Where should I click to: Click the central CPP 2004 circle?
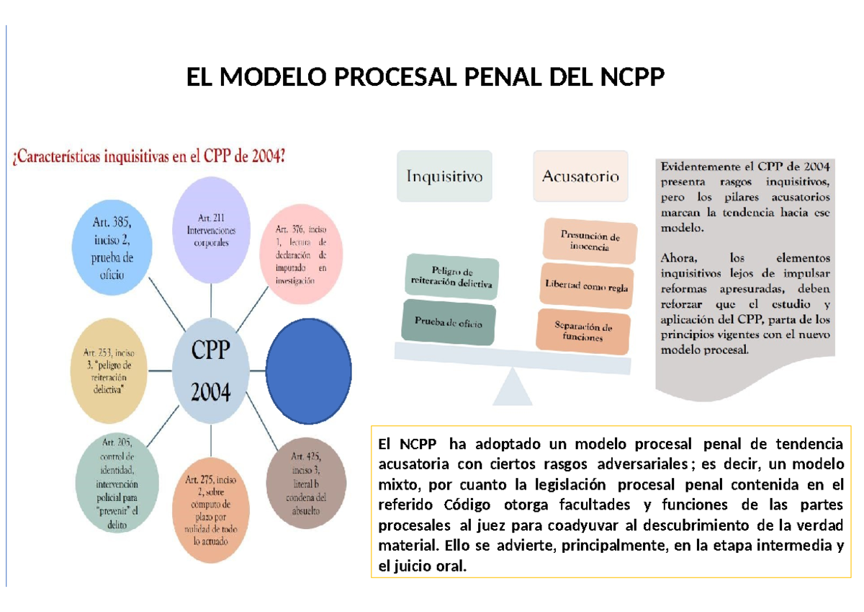(210, 371)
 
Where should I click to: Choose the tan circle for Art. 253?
(110, 371)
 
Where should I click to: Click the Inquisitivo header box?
(444, 176)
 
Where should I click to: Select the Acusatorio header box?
(580, 176)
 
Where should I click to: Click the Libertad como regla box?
(586, 287)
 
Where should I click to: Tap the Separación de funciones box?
(583, 332)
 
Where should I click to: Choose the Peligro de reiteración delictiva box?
(451, 278)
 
